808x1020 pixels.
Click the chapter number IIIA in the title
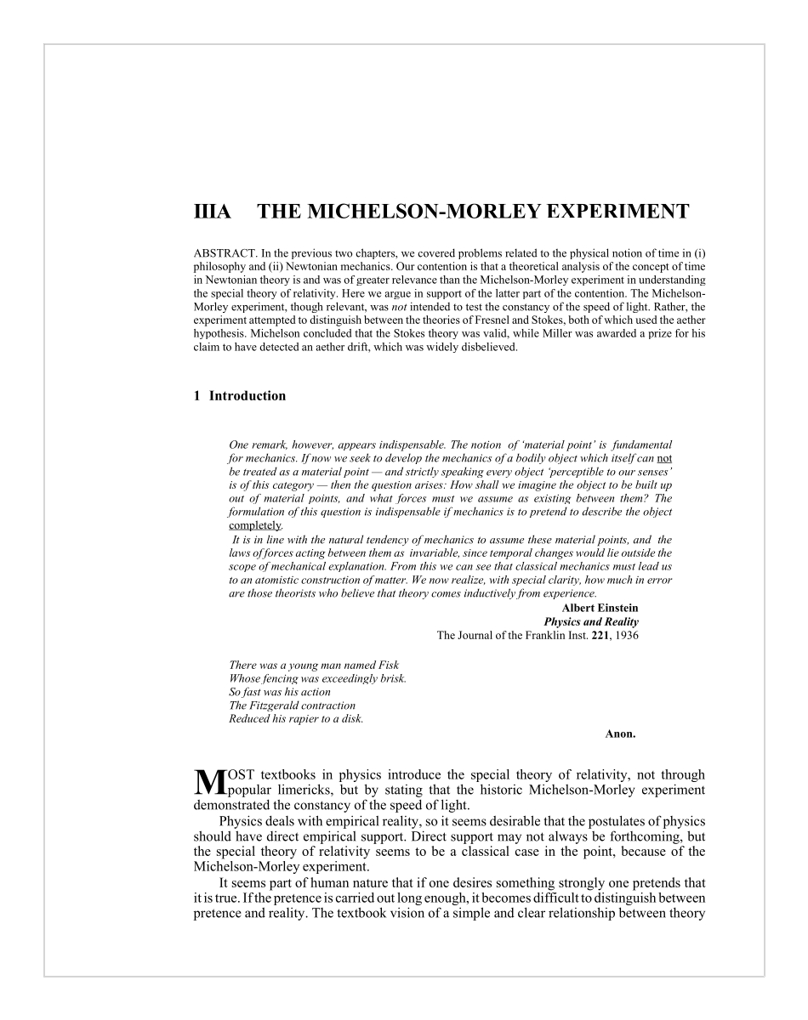click(212, 212)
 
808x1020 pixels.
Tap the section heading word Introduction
click(248, 396)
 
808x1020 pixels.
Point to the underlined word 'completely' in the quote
click(254, 525)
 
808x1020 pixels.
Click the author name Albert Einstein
click(600, 608)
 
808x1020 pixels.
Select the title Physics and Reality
click(591, 621)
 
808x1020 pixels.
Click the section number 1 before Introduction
click(196, 396)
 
